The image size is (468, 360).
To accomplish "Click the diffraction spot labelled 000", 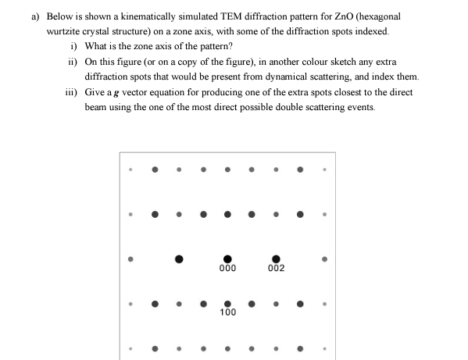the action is (227, 258).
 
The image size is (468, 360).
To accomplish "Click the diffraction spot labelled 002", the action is (275, 258).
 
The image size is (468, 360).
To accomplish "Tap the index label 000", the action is (227, 269).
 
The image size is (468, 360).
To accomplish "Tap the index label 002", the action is (275, 269).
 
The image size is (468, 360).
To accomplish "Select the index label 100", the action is (227, 312).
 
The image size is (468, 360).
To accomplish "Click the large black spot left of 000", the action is (179, 258).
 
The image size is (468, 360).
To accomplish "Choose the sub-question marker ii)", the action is (72, 62).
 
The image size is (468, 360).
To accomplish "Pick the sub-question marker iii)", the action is (70, 92).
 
